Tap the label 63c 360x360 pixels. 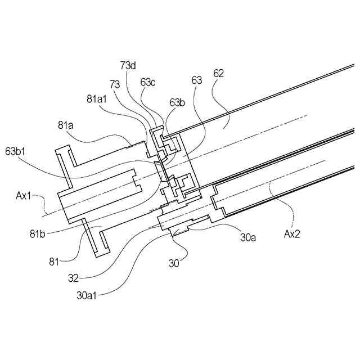pos(148,82)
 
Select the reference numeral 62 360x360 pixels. pos(219,73)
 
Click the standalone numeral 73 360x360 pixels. pos(115,84)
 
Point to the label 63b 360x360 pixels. pos(177,102)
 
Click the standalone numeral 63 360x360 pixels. pos(196,80)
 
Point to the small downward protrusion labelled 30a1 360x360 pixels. pos(179,231)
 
